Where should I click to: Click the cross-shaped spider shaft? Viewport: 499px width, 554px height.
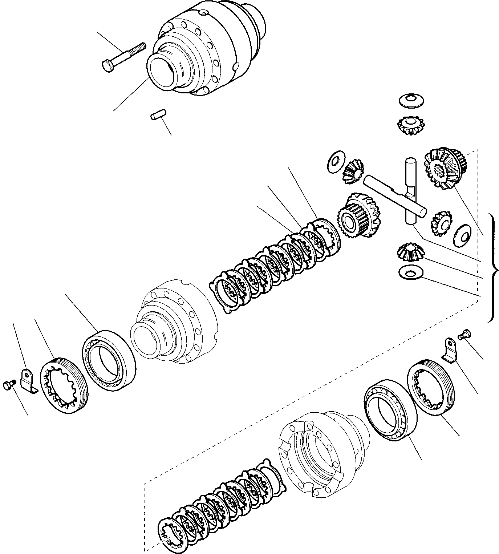[x=399, y=193]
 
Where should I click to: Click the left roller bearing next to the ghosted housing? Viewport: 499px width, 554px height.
[x=109, y=360]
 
